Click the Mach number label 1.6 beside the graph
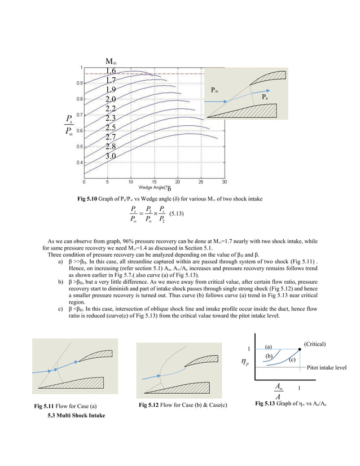pyautogui.click(x=111, y=71)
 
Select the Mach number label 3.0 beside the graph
pyautogui.click(x=111, y=156)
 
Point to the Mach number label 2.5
pyautogui.click(x=111, y=128)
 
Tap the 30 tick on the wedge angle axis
pyautogui.click(x=224, y=182)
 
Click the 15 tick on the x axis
pyautogui.click(x=154, y=182)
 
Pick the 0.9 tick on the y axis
pyautogui.click(x=78, y=83)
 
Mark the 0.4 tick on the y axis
pyautogui.click(x=78, y=162)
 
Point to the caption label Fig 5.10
pyautogui.click(x=88, y=198)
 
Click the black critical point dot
pyautogui.click(x=299, y=350)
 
